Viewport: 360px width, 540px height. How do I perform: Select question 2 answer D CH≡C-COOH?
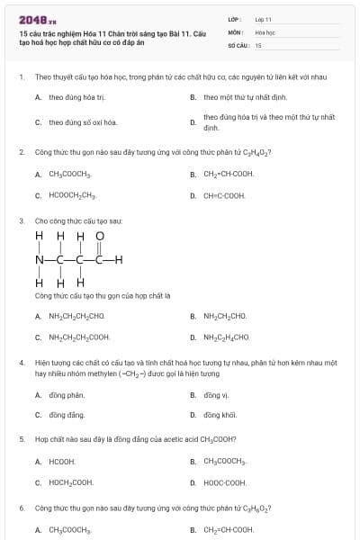click(x=224, y=195)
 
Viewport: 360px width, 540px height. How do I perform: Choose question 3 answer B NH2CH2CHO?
click(x=225, y=316)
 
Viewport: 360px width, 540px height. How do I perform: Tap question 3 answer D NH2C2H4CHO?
click(x=226, y=337)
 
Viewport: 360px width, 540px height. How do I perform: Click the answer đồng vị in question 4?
click(x=217, y=395)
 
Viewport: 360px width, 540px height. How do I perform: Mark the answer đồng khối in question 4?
click(x=220, y=415)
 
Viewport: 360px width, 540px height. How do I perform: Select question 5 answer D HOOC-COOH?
click(x=224, y=482)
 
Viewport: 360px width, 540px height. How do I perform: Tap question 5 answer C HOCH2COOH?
click(x=71, y=482)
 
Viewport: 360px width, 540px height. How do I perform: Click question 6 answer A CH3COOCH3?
click(x=70, y=530)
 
